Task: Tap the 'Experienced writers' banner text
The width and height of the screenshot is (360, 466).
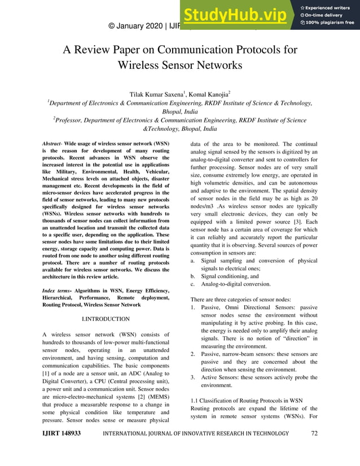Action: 330,6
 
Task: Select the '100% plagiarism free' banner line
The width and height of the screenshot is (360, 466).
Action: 330,23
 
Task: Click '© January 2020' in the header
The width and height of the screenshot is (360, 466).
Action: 135,25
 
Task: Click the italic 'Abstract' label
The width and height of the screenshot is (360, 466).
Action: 54,144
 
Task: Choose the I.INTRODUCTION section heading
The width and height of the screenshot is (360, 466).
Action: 106,319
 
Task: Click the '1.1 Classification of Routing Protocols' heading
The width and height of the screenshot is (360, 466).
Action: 249,400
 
